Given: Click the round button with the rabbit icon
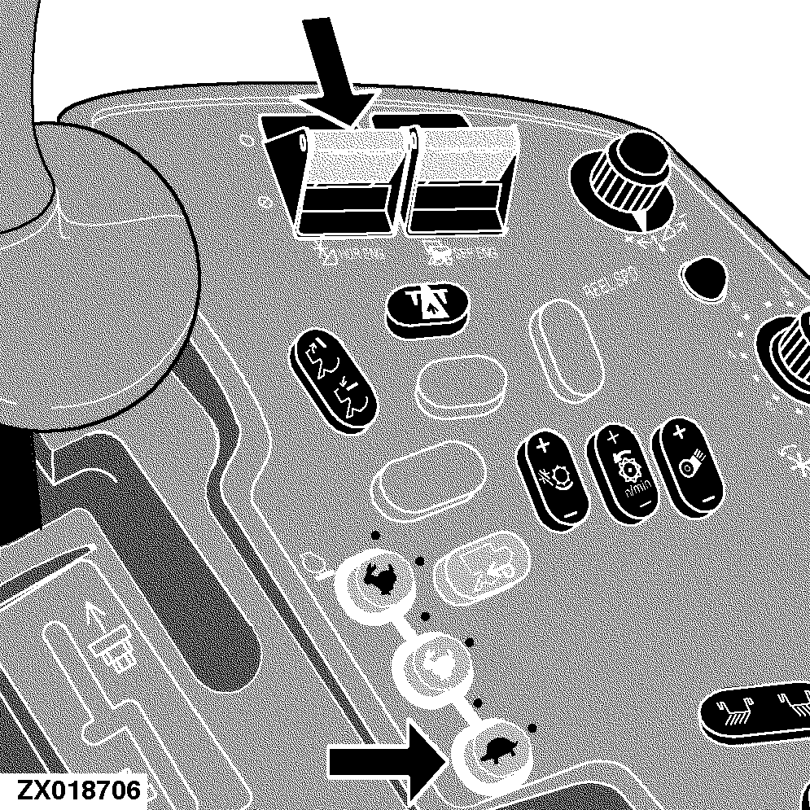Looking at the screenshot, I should [x=378, y=578].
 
